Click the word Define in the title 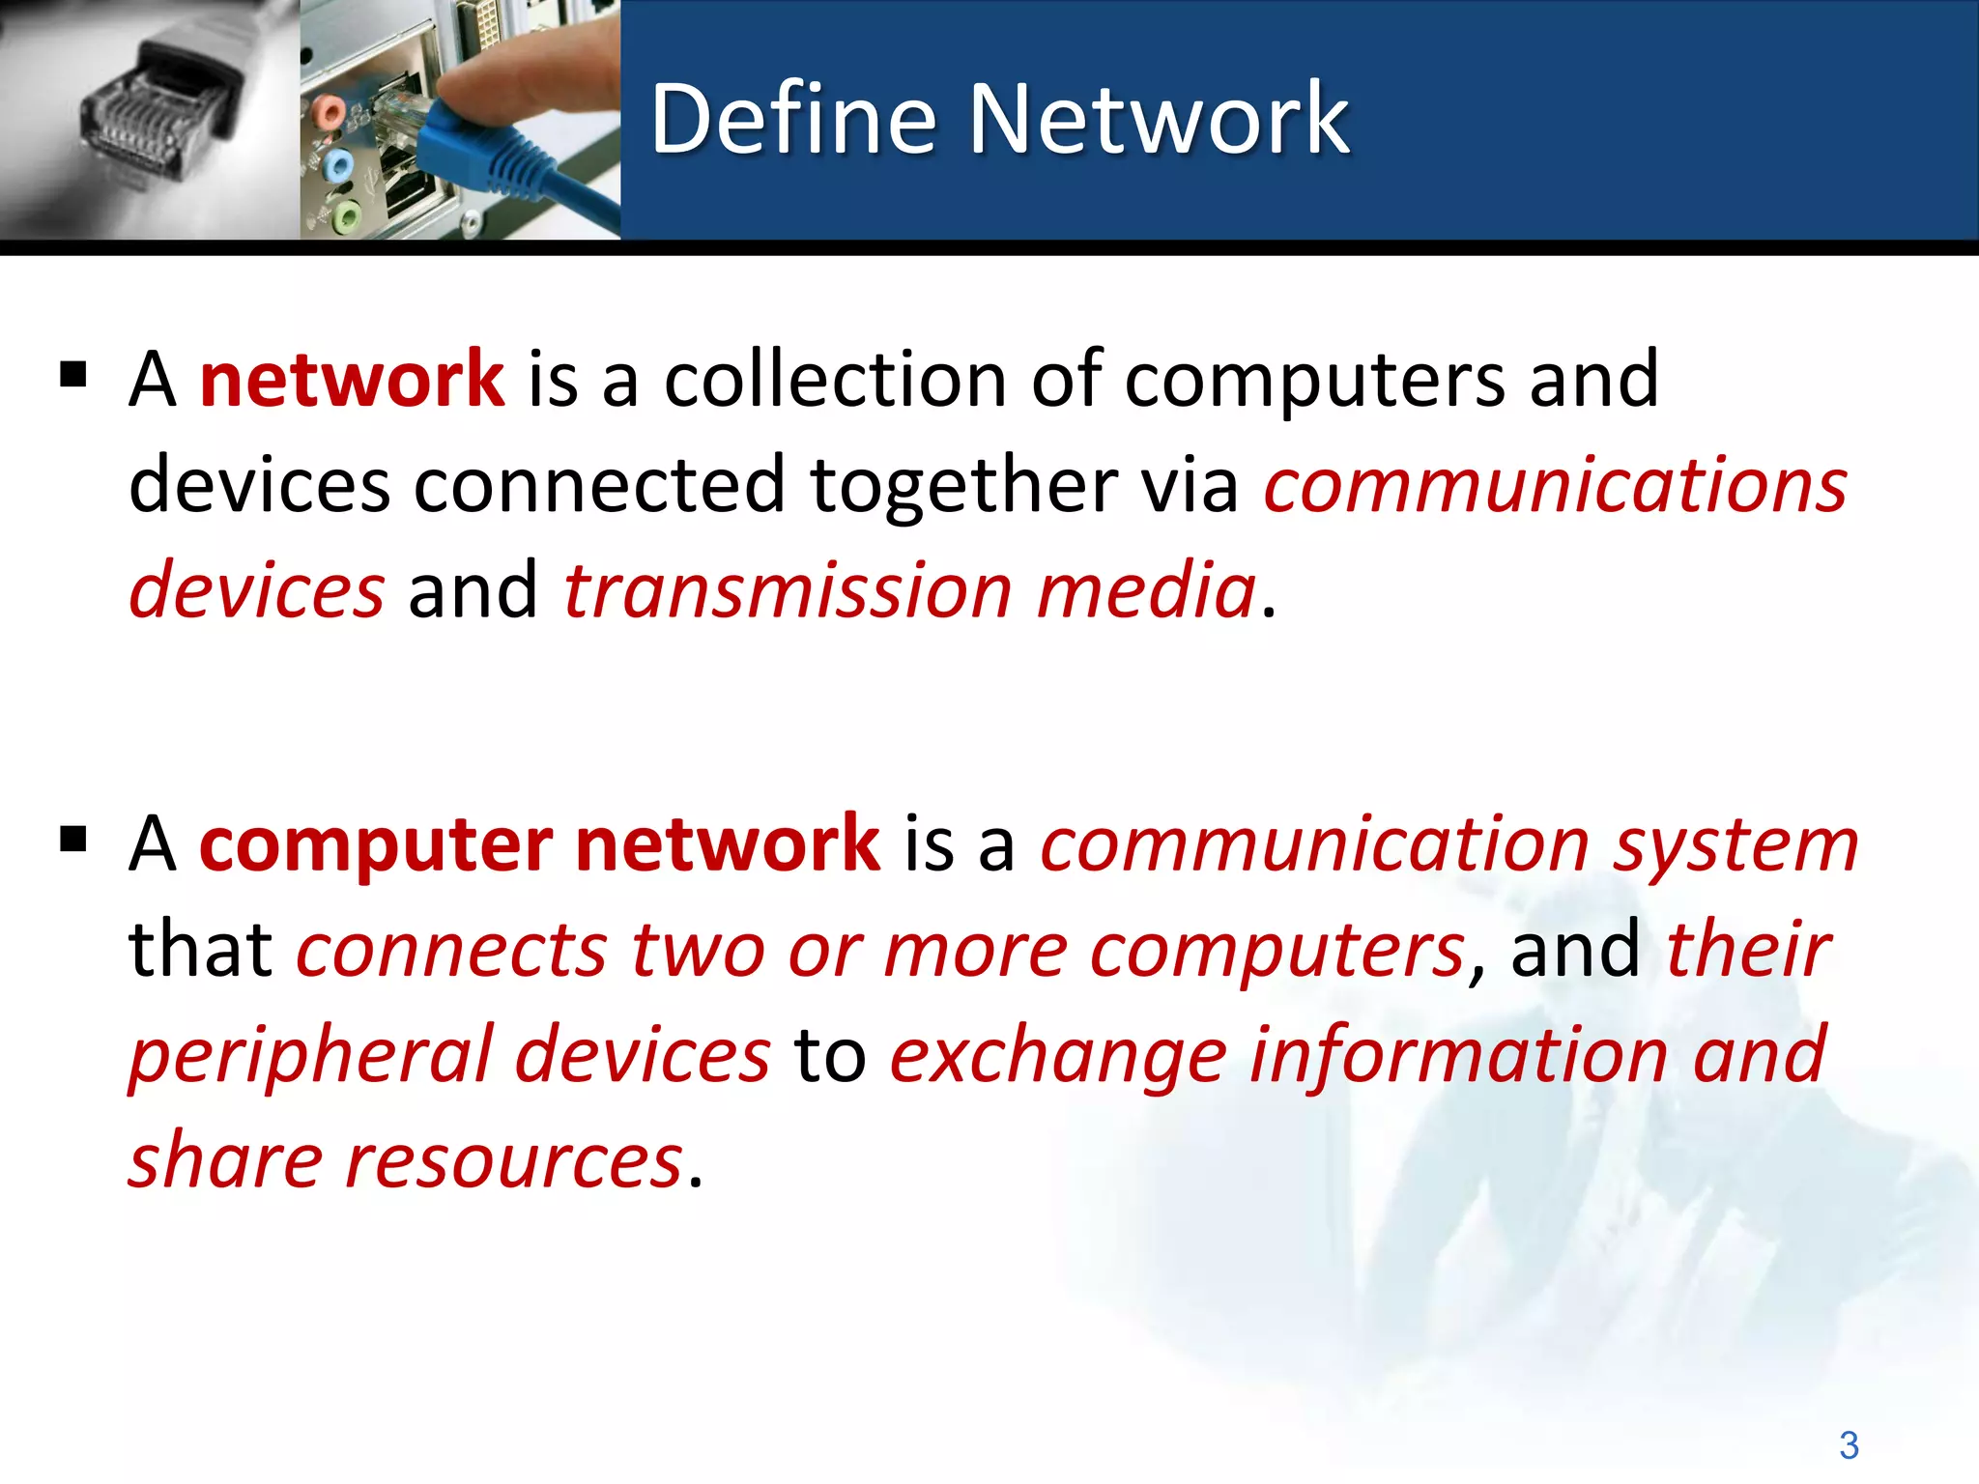tap(793, 120)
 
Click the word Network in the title tap(1159, 120)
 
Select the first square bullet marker tap(73, 374)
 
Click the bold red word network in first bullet tap(351, 379)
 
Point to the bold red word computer tap(376, 843)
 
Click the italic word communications tap(1555, 485)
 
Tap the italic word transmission tap(788, 590)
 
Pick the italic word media tap(1146, 590)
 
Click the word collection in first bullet tap(835, 379)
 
